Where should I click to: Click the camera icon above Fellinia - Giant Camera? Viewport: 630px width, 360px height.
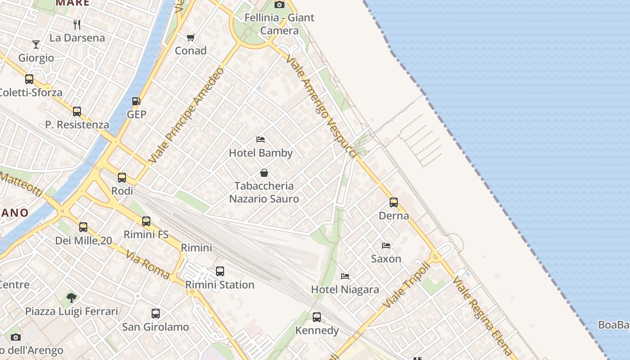point(279,4)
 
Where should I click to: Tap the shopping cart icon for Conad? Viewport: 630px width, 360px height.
point(191,37)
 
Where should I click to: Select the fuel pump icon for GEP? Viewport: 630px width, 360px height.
point(136,101)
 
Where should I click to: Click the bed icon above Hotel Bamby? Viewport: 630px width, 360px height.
point(261,139)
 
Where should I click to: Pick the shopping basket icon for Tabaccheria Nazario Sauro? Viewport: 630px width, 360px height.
point(264,173)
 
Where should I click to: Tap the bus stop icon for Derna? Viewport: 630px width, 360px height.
point(394,202)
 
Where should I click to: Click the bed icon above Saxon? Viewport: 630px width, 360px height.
point(386,246)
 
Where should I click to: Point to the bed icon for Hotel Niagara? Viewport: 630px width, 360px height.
point(345,276)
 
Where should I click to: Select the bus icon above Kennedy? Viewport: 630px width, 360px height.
point(317,317)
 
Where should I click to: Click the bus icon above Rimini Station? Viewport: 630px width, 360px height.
point(220,271)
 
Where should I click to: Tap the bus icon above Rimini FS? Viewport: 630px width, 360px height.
point(146,221)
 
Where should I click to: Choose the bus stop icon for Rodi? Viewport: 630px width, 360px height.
point(122,178)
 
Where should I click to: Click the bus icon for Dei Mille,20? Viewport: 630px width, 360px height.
point(83,227)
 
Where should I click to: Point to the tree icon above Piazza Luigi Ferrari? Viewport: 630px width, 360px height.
point(71,297)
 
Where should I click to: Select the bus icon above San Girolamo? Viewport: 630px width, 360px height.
point(156,314)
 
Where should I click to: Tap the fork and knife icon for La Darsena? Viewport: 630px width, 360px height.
point(77,24)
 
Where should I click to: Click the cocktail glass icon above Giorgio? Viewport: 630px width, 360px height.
point(36,45)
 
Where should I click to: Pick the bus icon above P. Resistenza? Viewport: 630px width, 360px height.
point(77,111)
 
